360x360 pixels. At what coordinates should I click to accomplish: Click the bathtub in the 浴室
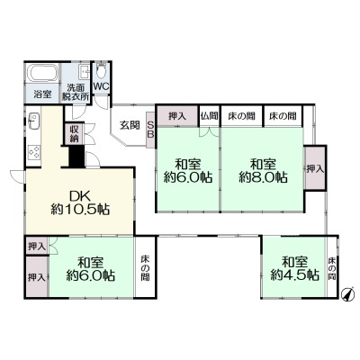42,73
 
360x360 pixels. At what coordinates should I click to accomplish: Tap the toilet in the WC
102,71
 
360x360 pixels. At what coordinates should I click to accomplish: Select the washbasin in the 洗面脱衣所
85,72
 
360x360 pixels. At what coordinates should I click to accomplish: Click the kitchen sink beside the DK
33,121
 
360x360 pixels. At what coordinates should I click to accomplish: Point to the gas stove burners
33,151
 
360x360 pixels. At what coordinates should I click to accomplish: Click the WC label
101,86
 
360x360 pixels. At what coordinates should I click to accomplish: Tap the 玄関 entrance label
130,125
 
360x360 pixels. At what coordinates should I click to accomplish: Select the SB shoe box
150,130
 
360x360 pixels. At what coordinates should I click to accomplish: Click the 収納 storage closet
74,134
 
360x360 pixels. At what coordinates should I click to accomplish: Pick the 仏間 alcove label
210,116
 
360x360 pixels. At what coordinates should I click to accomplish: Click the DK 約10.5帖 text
80,202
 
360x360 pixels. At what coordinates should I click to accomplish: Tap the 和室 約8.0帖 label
263,171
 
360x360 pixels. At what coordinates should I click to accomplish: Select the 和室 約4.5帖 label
295,268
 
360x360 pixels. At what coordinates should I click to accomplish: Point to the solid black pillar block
76,156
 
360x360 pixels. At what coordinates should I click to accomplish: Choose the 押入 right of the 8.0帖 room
315,168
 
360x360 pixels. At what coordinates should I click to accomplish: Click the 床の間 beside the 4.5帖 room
332,268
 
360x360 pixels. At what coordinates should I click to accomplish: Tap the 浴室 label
42,94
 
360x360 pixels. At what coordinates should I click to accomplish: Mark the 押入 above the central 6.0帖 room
177,116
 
